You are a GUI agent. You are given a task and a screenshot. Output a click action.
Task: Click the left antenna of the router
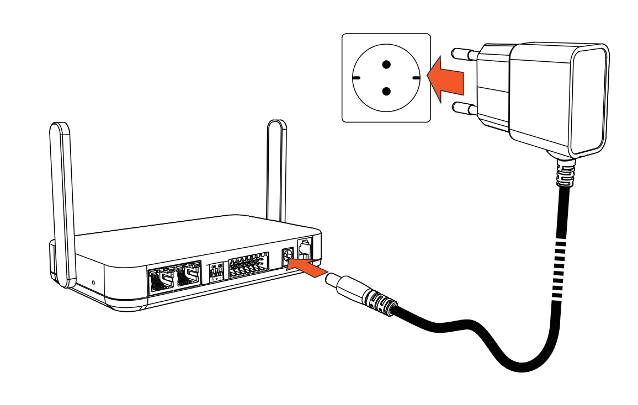[x=62, y=199]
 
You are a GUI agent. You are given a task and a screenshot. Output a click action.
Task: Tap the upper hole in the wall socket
[x=386, y=63]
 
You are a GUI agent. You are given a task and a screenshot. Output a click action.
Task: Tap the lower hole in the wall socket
[x=386, y=91]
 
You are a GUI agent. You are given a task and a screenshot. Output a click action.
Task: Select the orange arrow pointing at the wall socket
[x=446, y=78]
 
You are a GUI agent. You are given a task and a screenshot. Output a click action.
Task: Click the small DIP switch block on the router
[x=217, y=271]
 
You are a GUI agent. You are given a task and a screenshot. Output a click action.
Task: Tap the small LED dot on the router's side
[x=93, y=283]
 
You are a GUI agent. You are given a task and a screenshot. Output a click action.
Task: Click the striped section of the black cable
[x=560, y=265]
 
